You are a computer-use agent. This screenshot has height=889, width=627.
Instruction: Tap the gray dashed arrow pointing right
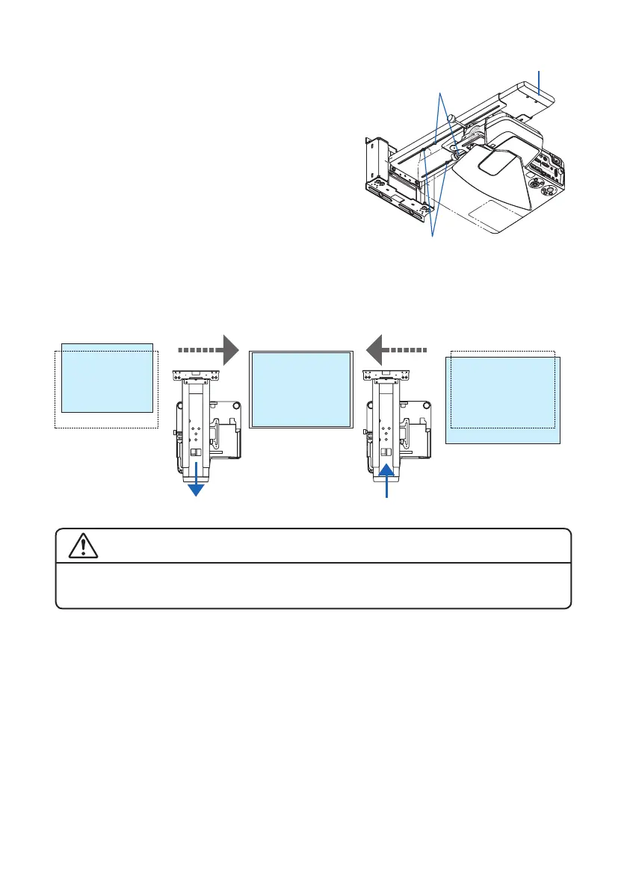pyautogui.click(x=209, y=349)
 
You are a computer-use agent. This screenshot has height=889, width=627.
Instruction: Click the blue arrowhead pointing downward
pyautogui.click(x=197, y=490)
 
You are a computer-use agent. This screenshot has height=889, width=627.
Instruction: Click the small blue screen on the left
pyautogui.click(x=107, y=378)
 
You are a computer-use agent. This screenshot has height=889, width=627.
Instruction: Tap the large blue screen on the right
pyautogui.click(x=503, y=400)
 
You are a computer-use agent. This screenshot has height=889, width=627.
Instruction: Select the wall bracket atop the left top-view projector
pyautogui.click(x=197, y=375)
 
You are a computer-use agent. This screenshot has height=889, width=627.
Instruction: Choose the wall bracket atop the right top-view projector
pyautogui.click(x=387, y=375)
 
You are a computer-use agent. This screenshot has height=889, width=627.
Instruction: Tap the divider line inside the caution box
pyautogui.click(x=313, y=563)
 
